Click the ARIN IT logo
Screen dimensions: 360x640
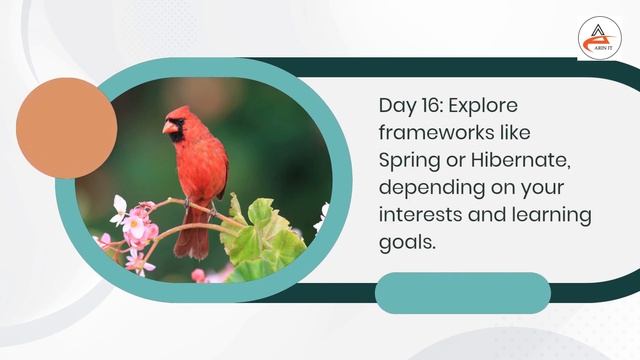[599, 38]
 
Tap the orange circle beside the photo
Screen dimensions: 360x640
[67, 128]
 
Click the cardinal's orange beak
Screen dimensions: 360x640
[168, 127]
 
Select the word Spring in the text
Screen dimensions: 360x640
[408, 160]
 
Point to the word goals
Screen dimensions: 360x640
[407, 242]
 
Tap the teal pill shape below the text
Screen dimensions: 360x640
[462, 293]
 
